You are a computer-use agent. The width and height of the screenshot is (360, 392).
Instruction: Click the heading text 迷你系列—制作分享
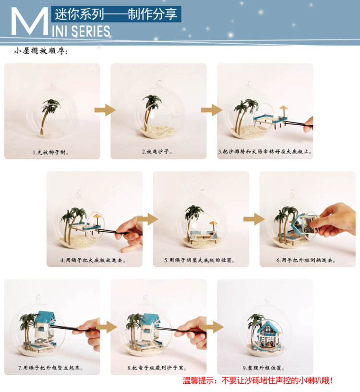[116, 14]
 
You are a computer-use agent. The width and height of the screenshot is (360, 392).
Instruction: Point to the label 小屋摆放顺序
[41, 51]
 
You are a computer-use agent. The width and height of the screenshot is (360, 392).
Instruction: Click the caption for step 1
[51, 152]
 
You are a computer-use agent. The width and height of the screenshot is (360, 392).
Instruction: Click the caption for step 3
[265, 152]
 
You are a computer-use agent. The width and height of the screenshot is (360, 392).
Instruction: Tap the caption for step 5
[201, 261]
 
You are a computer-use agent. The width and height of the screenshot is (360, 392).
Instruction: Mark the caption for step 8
[158, 368]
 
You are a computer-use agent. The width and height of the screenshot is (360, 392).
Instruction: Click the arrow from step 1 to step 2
[105, 110]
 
